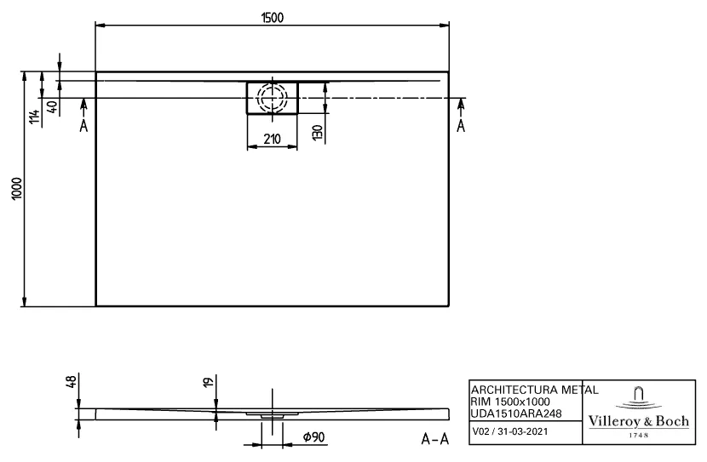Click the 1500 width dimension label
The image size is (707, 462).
pyautogui.click(x=272, y=17)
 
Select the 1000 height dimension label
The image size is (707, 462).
pyautogui.click(x=14, y=190)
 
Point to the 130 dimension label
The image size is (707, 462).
pyautogui.click(x=317, y=133)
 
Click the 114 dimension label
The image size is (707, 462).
pyautogui.click(x=33, y=117)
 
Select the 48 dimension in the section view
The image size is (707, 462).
pyautogui.click(x=71, y=384)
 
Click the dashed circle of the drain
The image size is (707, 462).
pyautogui.click(x=273, y=98)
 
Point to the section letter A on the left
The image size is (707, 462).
pyautogui.click(x=83, y=127)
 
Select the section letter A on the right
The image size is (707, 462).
pyautogui.click(x=461, y=127)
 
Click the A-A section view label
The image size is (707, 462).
pyautogui.click(x=435, y=439)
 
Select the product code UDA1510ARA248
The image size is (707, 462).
pyautogui.click(x=516, y=413)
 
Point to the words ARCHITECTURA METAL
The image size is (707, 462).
pyautogui.click(x=533, y=389)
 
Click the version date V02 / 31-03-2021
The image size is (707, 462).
pyautogui.click(x=509, y=432)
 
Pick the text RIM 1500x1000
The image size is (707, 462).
pyautogui.click(x=510, y=401)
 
